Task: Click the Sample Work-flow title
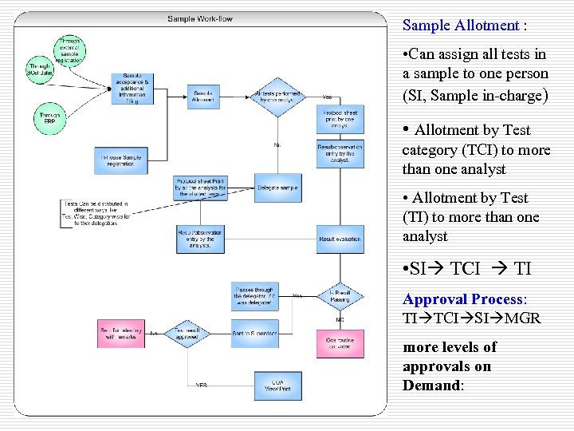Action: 200,18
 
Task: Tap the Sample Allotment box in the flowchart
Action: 203,96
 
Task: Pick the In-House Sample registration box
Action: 121,160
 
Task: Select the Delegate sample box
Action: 277,188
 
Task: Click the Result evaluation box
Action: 340,239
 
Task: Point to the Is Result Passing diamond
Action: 340,297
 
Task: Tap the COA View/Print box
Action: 277,386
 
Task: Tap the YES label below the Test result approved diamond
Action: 202,385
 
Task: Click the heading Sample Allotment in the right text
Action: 460,25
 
